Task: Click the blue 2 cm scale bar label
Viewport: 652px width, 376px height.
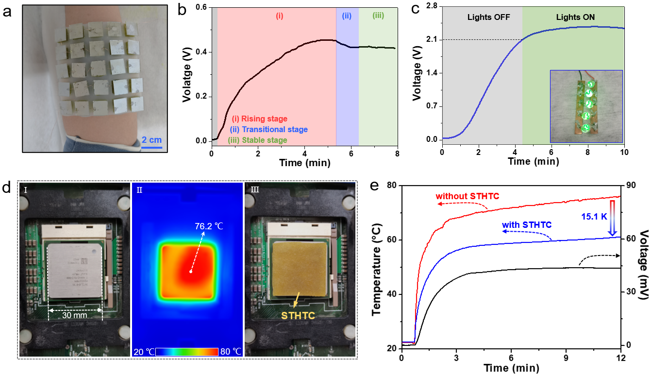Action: (x=151, y=140)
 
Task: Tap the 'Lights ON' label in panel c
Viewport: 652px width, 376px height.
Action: (x=575, y=17)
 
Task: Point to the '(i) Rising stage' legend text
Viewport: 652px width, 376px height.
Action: (x=259, y=119)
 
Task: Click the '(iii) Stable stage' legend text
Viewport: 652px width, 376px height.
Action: (x=257, y=140)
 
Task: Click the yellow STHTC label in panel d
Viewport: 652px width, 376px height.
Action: (x=298, y=316)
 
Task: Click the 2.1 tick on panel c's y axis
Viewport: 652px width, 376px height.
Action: (x=431, y=39)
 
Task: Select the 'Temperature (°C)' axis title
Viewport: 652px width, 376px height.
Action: (x=376, y=269)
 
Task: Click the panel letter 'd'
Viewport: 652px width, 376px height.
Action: (x=7, y=188)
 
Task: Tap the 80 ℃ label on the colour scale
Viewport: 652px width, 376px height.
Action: (x=230, y=352)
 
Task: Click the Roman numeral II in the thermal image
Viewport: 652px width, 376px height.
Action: (x=139, y=189)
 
